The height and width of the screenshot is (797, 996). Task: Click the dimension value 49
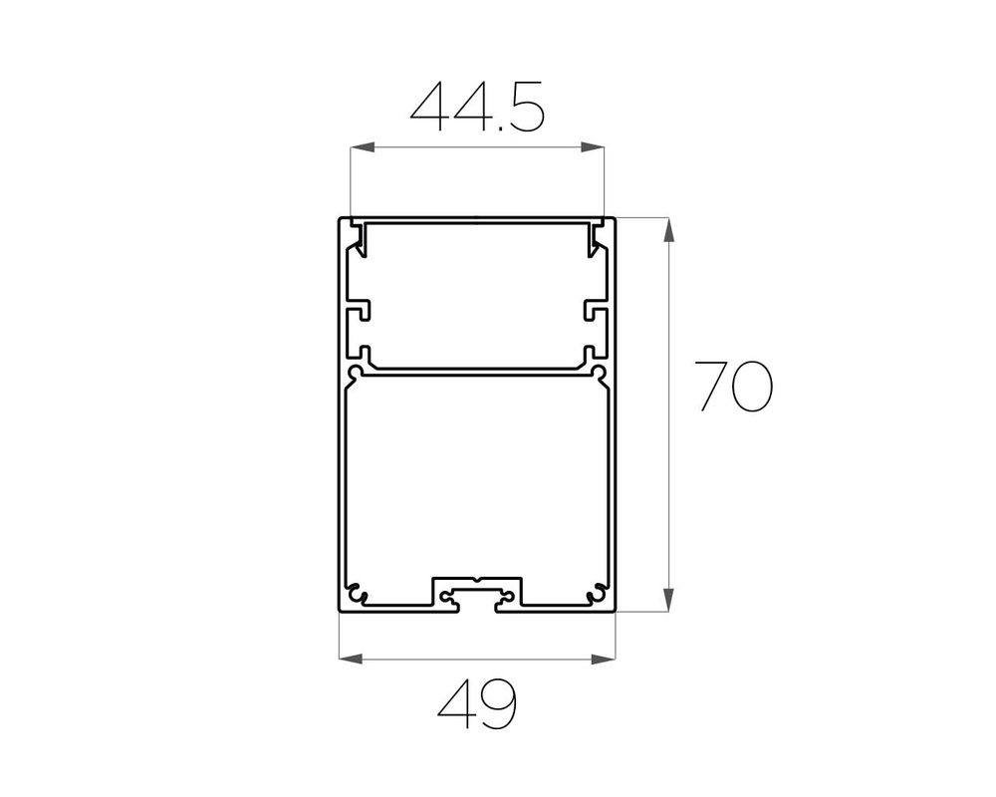tap(477, 704)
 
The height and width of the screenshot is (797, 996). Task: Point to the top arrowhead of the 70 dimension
tap(668, 228)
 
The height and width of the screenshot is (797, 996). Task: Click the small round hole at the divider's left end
tap(354, 375)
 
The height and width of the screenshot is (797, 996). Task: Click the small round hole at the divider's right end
tap(600, 375)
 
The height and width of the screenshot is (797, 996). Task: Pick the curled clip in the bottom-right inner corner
tap(598, 592)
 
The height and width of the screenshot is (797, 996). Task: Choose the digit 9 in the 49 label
tap(499, 704)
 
